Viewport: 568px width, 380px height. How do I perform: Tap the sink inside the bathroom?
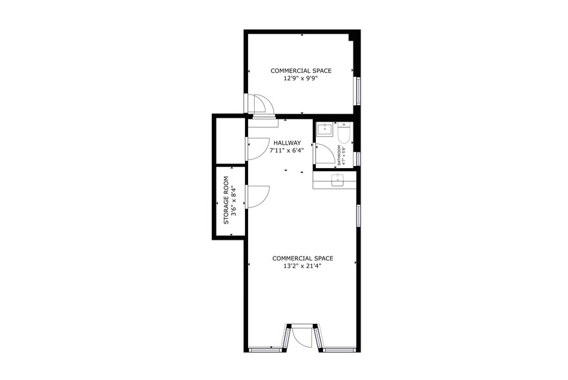(x=324, y=129)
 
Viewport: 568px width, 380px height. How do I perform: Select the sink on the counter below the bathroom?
(x=337, y=180)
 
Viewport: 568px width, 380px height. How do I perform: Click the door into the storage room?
(x=257, y=196)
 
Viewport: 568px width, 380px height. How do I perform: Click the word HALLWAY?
(x=287, y=143)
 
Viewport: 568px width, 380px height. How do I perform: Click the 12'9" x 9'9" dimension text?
(x=301, y=79)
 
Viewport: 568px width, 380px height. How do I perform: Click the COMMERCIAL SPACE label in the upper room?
(x=301, y=70)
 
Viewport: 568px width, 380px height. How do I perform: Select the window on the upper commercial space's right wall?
(x=356, y=92)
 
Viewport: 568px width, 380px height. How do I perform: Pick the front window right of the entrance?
(x=341, y=350)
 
